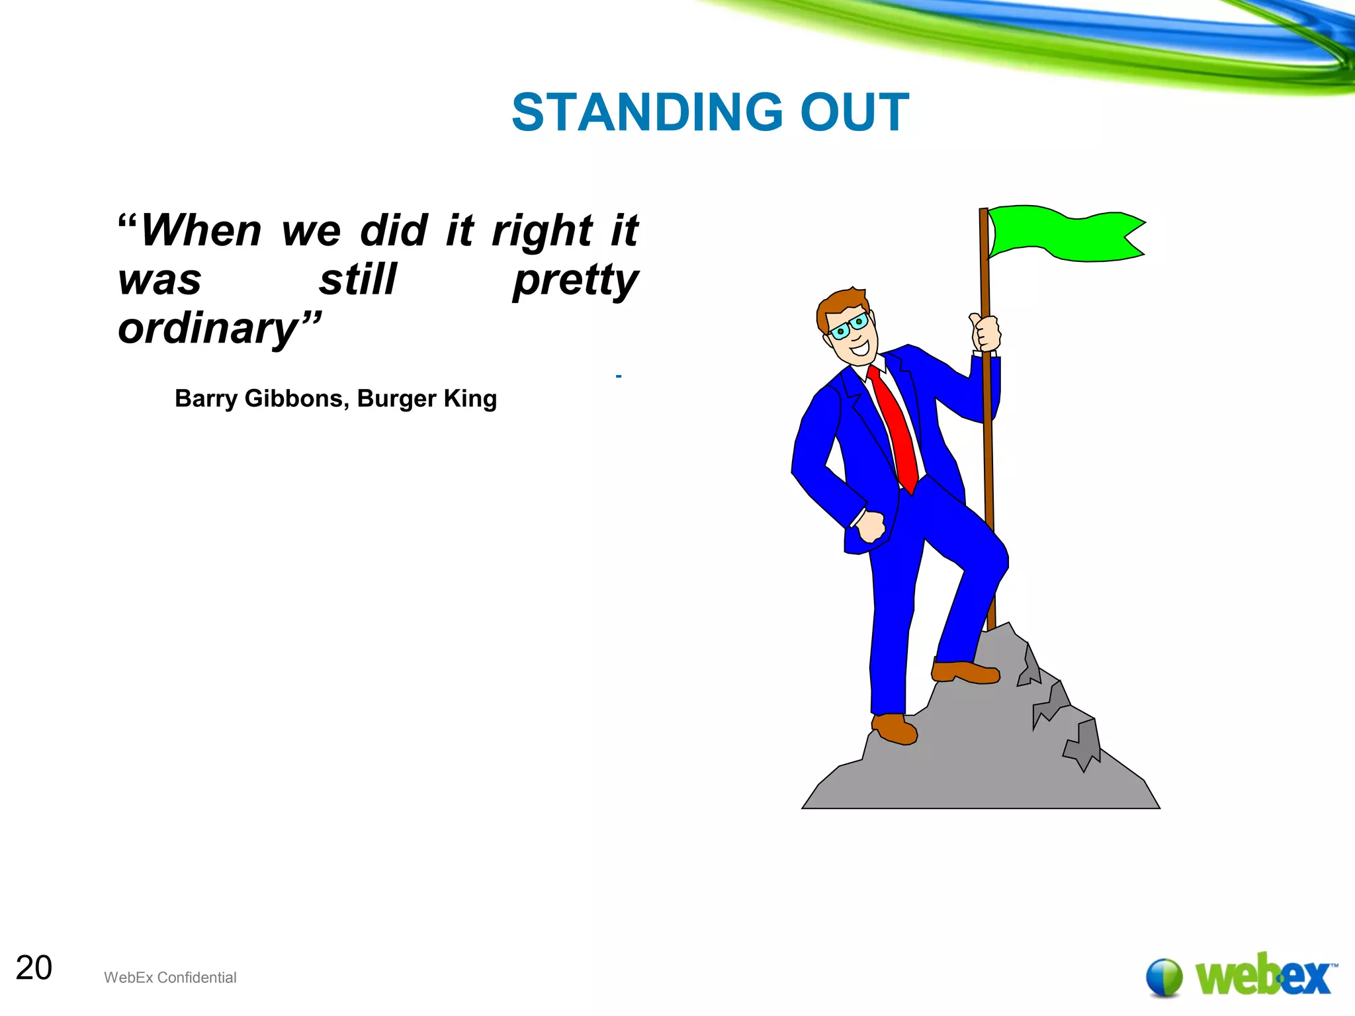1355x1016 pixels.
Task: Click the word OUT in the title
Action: (x=855, y=112)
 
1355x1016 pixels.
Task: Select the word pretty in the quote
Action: (x=575, y=280)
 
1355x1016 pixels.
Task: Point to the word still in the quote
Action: (x=358, y=280)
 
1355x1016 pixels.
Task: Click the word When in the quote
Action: (x=201, y=231)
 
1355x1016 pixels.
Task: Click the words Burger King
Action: (x=427, y=399)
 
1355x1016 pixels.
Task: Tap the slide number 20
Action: (x=34, y=968)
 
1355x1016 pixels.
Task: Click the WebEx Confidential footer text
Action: (x=170, y=978)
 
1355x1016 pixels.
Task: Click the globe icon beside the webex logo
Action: (x=1164, y=977)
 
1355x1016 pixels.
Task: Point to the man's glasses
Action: (x=849, y=326)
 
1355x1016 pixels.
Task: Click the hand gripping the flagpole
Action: (x=986, y=333)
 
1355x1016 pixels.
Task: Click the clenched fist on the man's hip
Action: (x=870, y=527)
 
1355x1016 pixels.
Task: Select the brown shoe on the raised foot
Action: (x=965, y=672)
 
